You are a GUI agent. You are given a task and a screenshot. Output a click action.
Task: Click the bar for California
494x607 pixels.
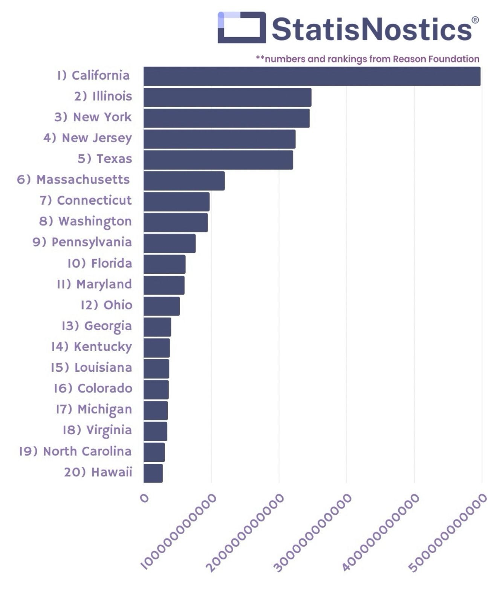coord(312,76)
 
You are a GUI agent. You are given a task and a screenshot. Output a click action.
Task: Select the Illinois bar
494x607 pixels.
coord(227,97)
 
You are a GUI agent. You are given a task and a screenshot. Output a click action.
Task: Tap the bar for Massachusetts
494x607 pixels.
coord(184,181)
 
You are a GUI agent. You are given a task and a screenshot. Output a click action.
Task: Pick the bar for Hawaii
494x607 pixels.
coord(153,473)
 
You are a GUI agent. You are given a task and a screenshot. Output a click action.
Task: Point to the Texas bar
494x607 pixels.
coord(218,160)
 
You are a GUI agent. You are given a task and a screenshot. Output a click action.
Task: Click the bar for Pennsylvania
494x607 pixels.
coord(170,243)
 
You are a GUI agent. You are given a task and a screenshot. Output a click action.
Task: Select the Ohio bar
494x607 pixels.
coord(162,306)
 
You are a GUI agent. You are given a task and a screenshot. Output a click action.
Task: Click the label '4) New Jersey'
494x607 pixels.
coord(87,138)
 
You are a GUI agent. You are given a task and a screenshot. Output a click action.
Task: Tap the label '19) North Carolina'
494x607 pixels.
coord(75,451)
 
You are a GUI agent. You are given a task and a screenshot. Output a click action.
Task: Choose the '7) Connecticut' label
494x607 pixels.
coord(86,201)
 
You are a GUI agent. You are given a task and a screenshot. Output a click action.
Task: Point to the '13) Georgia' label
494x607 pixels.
coord(97,326)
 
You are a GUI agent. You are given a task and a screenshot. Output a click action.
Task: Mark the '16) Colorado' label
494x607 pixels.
coord(93,388)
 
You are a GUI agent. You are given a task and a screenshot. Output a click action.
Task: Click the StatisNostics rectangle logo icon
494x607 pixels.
coord(242,27)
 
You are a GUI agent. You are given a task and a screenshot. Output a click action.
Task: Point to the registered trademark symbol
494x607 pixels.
coord(475,20)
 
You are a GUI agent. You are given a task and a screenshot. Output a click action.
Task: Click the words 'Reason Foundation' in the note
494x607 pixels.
coord(436,59)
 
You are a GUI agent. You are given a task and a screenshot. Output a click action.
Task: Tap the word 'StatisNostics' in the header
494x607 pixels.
coord(371,29)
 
